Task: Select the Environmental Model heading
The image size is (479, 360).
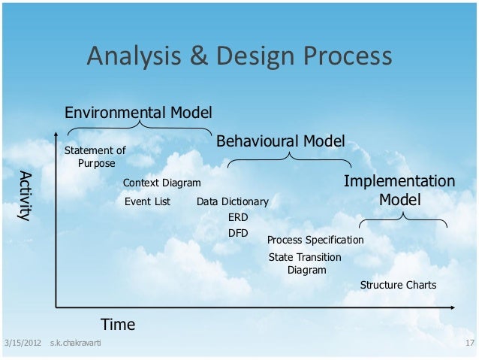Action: coord(138,113)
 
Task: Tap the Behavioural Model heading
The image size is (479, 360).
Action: coord(281,141)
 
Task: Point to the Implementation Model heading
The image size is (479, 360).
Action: coord(399,191)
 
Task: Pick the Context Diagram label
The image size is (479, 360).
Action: coord(161,183)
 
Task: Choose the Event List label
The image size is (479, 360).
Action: coord(147,201)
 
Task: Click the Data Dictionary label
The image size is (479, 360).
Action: coord(232,202)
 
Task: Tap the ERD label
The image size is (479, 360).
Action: coord(237,217)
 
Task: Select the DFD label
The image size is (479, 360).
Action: coord(237,233)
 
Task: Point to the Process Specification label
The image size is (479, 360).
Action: coord(315,241)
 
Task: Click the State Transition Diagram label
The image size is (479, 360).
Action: coord(305,264)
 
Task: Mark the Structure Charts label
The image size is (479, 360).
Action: coord(398,286)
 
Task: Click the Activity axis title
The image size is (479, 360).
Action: coord(26,196)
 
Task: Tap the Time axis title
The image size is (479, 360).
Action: coord(118,325)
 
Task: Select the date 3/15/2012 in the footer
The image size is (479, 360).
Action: coord(22,344)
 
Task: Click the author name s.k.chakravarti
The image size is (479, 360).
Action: coord(76,344)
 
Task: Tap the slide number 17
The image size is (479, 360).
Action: coord(470,344)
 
